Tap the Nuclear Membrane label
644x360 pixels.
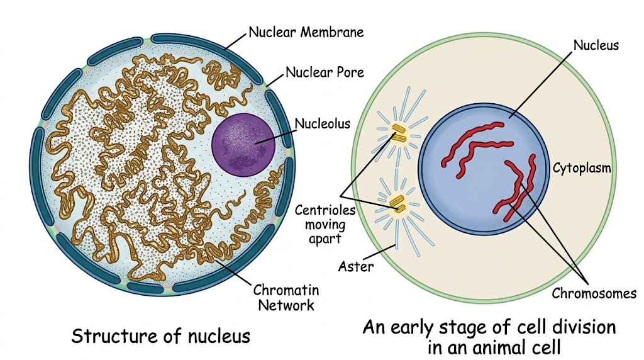tap(306, 32)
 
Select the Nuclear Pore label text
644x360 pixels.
tap(325, 72)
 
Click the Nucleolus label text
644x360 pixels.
tap(323, 123)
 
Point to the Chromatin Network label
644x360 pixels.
tap(286, 298)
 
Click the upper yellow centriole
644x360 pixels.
tap(398, 133)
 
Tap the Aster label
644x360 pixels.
tap(356, 267)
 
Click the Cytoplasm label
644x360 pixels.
tap(582, 168)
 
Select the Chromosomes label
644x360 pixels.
tap(594, 293)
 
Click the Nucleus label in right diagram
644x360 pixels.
tap(596, 45)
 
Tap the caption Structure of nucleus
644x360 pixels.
tap(160, 335)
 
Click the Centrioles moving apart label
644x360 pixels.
tap(325, 225)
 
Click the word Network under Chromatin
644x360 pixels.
tap(286, 305)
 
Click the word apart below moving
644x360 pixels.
tap(325, 239)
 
